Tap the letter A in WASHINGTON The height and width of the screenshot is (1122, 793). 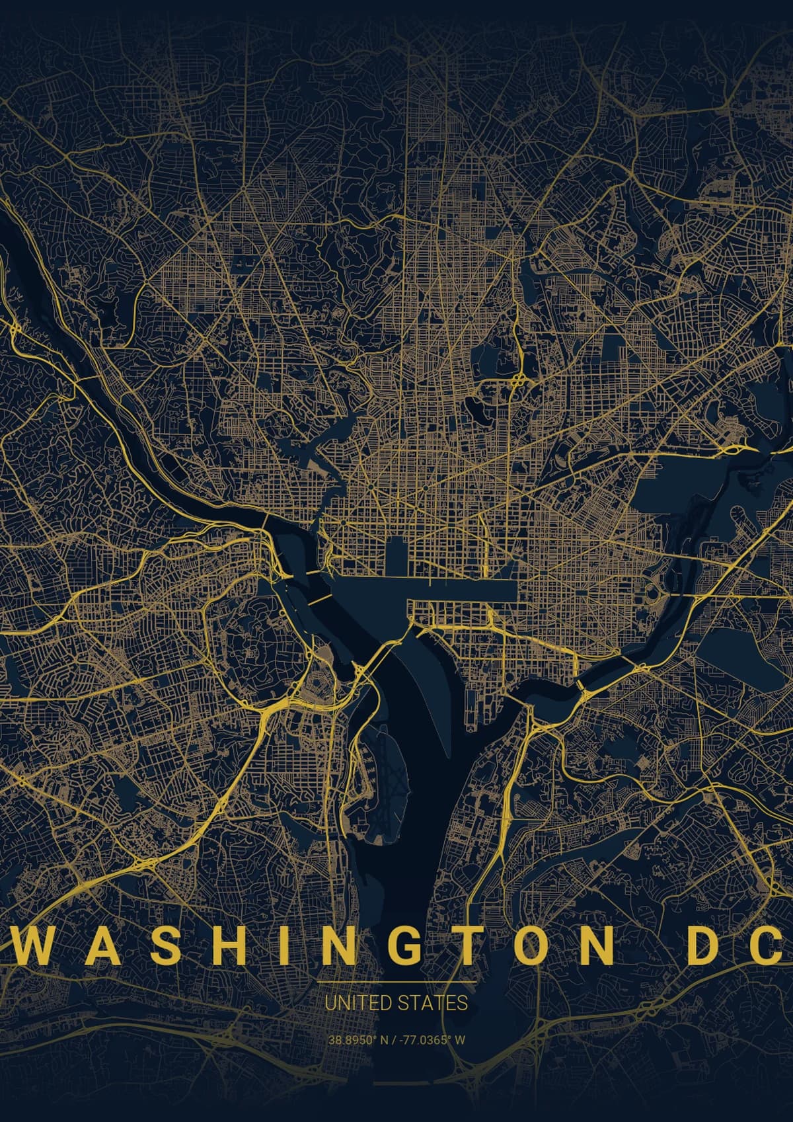96,946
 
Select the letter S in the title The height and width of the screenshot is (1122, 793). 156,946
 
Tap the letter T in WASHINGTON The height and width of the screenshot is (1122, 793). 467,946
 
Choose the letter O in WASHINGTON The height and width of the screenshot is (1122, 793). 529,946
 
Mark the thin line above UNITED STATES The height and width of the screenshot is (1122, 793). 397,983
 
